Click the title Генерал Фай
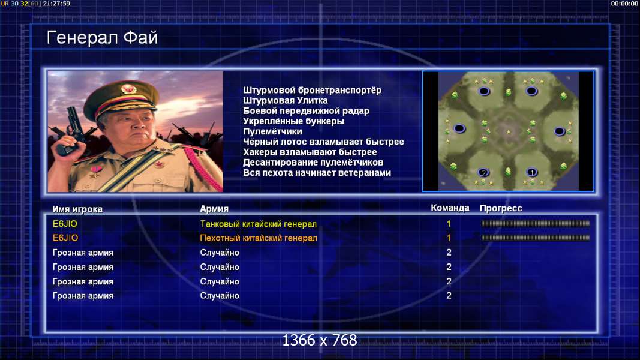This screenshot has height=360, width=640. point(102,38)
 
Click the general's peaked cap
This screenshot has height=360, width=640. point(122,97)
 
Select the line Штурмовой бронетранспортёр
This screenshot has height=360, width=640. point(313,90)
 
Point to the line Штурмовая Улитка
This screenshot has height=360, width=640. point(286,100)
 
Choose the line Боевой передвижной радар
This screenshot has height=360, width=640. point(306,111)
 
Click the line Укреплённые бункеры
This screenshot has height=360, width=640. point(293,121)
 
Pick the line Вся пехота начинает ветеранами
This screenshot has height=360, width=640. point(317,173)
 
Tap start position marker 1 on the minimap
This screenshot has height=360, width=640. point(531,172)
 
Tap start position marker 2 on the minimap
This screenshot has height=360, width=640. point(483,172)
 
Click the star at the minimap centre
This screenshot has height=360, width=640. point(509,132)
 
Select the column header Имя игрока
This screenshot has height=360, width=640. point(77,209)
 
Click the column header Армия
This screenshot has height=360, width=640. point(214,209)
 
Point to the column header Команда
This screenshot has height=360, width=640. point(450,208)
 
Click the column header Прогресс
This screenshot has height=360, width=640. point(501,208)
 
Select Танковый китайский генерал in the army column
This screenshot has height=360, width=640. point(259,224)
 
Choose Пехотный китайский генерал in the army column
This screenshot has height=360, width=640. point(259,238)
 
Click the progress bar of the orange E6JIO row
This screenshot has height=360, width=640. point(536,238)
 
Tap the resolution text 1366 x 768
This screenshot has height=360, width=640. point(320,340)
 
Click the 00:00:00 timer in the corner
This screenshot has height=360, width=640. point(624,4)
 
